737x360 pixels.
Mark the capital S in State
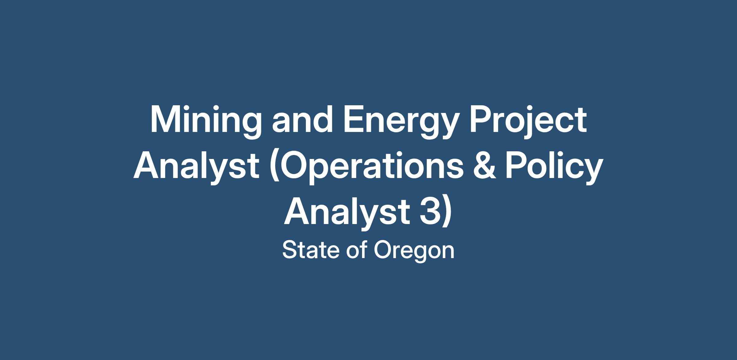coord(290,250)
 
